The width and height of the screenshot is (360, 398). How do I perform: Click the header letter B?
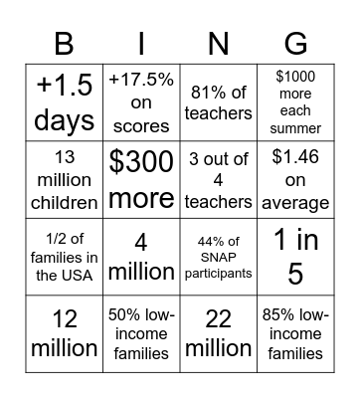tap(63, 43)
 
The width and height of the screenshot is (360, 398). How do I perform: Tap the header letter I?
tap(140, 43)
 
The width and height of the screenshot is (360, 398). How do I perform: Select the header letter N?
tap(218, 43)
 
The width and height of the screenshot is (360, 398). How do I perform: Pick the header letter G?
tap(295, 43)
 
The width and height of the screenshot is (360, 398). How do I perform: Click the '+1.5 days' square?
tap(63, 101)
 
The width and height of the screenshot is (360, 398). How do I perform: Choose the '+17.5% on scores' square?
tap(140, 101)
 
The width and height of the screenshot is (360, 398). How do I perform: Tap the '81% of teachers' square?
tap(218, 101)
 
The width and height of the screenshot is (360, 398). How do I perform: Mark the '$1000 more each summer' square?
tap(295, 101)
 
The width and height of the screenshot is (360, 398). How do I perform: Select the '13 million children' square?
tap(63, 179)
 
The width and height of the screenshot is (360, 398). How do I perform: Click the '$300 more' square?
tap(140, 179)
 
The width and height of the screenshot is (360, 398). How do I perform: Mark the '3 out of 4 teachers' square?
tap(218, 179)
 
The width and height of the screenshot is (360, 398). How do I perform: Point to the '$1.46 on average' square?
tap(295, 179)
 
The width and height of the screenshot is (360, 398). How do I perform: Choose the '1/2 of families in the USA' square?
tap(63, 257)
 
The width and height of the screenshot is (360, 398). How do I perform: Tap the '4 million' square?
tap(140, 257)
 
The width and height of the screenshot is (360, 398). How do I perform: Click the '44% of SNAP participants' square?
tap(218, 257)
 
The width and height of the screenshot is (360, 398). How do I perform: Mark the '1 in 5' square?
tap(295, 257)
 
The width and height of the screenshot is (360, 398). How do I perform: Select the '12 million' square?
tap(63, 334)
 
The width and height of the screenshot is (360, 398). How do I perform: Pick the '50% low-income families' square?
tap(140, 334)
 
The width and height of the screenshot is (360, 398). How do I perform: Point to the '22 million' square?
tap(218, 334)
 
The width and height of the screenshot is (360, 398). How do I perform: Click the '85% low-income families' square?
tap(295, 334)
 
